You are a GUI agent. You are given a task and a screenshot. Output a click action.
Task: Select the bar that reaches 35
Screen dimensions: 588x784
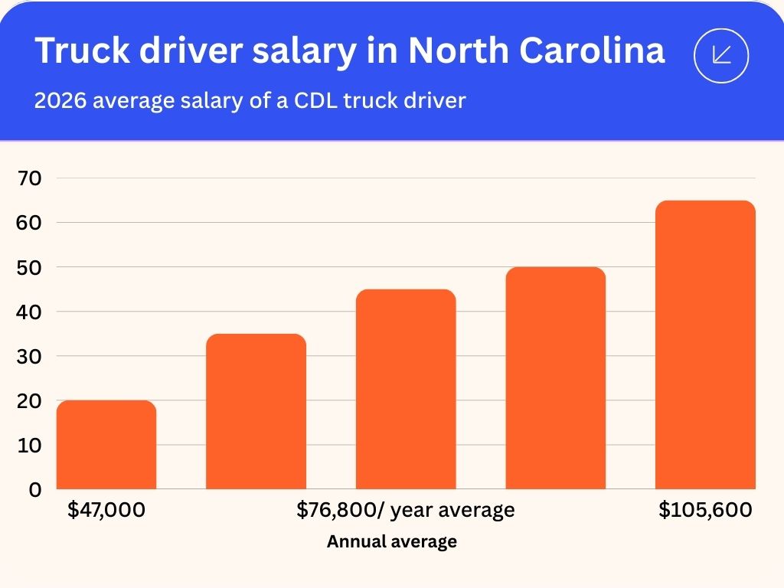[256, 411]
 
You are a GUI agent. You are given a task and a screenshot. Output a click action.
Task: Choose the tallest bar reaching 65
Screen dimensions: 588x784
[705, 345]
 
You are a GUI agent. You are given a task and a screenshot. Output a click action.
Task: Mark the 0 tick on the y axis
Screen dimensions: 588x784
[35, 489]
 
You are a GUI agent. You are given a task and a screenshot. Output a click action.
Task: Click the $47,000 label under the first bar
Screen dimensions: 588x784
[106, 510]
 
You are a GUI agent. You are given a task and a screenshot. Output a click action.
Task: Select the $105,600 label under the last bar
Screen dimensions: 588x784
[705, 510]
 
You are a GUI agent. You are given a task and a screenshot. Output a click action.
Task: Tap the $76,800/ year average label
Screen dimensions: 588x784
[406, 510]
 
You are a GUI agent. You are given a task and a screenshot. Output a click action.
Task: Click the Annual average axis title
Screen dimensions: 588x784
[392, 542]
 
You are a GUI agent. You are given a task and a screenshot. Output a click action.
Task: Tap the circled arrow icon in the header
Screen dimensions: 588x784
[720, 54]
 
